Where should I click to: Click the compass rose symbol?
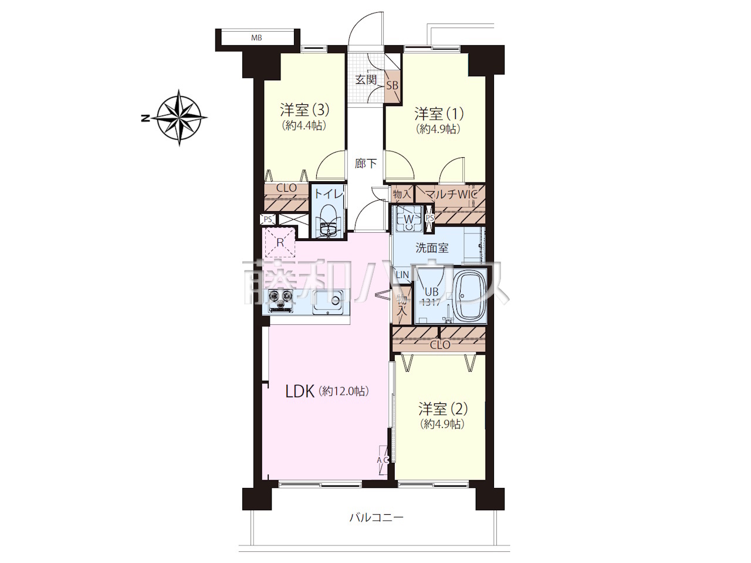coord(180,118)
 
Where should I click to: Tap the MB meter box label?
coord(256,38)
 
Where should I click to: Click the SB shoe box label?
coord(392,86)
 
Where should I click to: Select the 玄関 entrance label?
coord(366,80)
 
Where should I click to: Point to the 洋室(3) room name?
coord(305,110)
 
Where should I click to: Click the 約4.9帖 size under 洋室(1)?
coord(438,129)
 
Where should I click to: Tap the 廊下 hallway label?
coord(366,164)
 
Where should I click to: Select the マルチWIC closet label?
coord(451,195)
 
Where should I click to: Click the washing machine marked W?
coord(408,219)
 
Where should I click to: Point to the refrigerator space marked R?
coord(280,242)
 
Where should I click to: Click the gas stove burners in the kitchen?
coord(281,300)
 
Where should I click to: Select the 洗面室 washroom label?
coord(432,248)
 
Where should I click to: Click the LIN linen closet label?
coord(402,274)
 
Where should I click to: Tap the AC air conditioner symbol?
coord(383,460)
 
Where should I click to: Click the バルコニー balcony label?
coord(376,527)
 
